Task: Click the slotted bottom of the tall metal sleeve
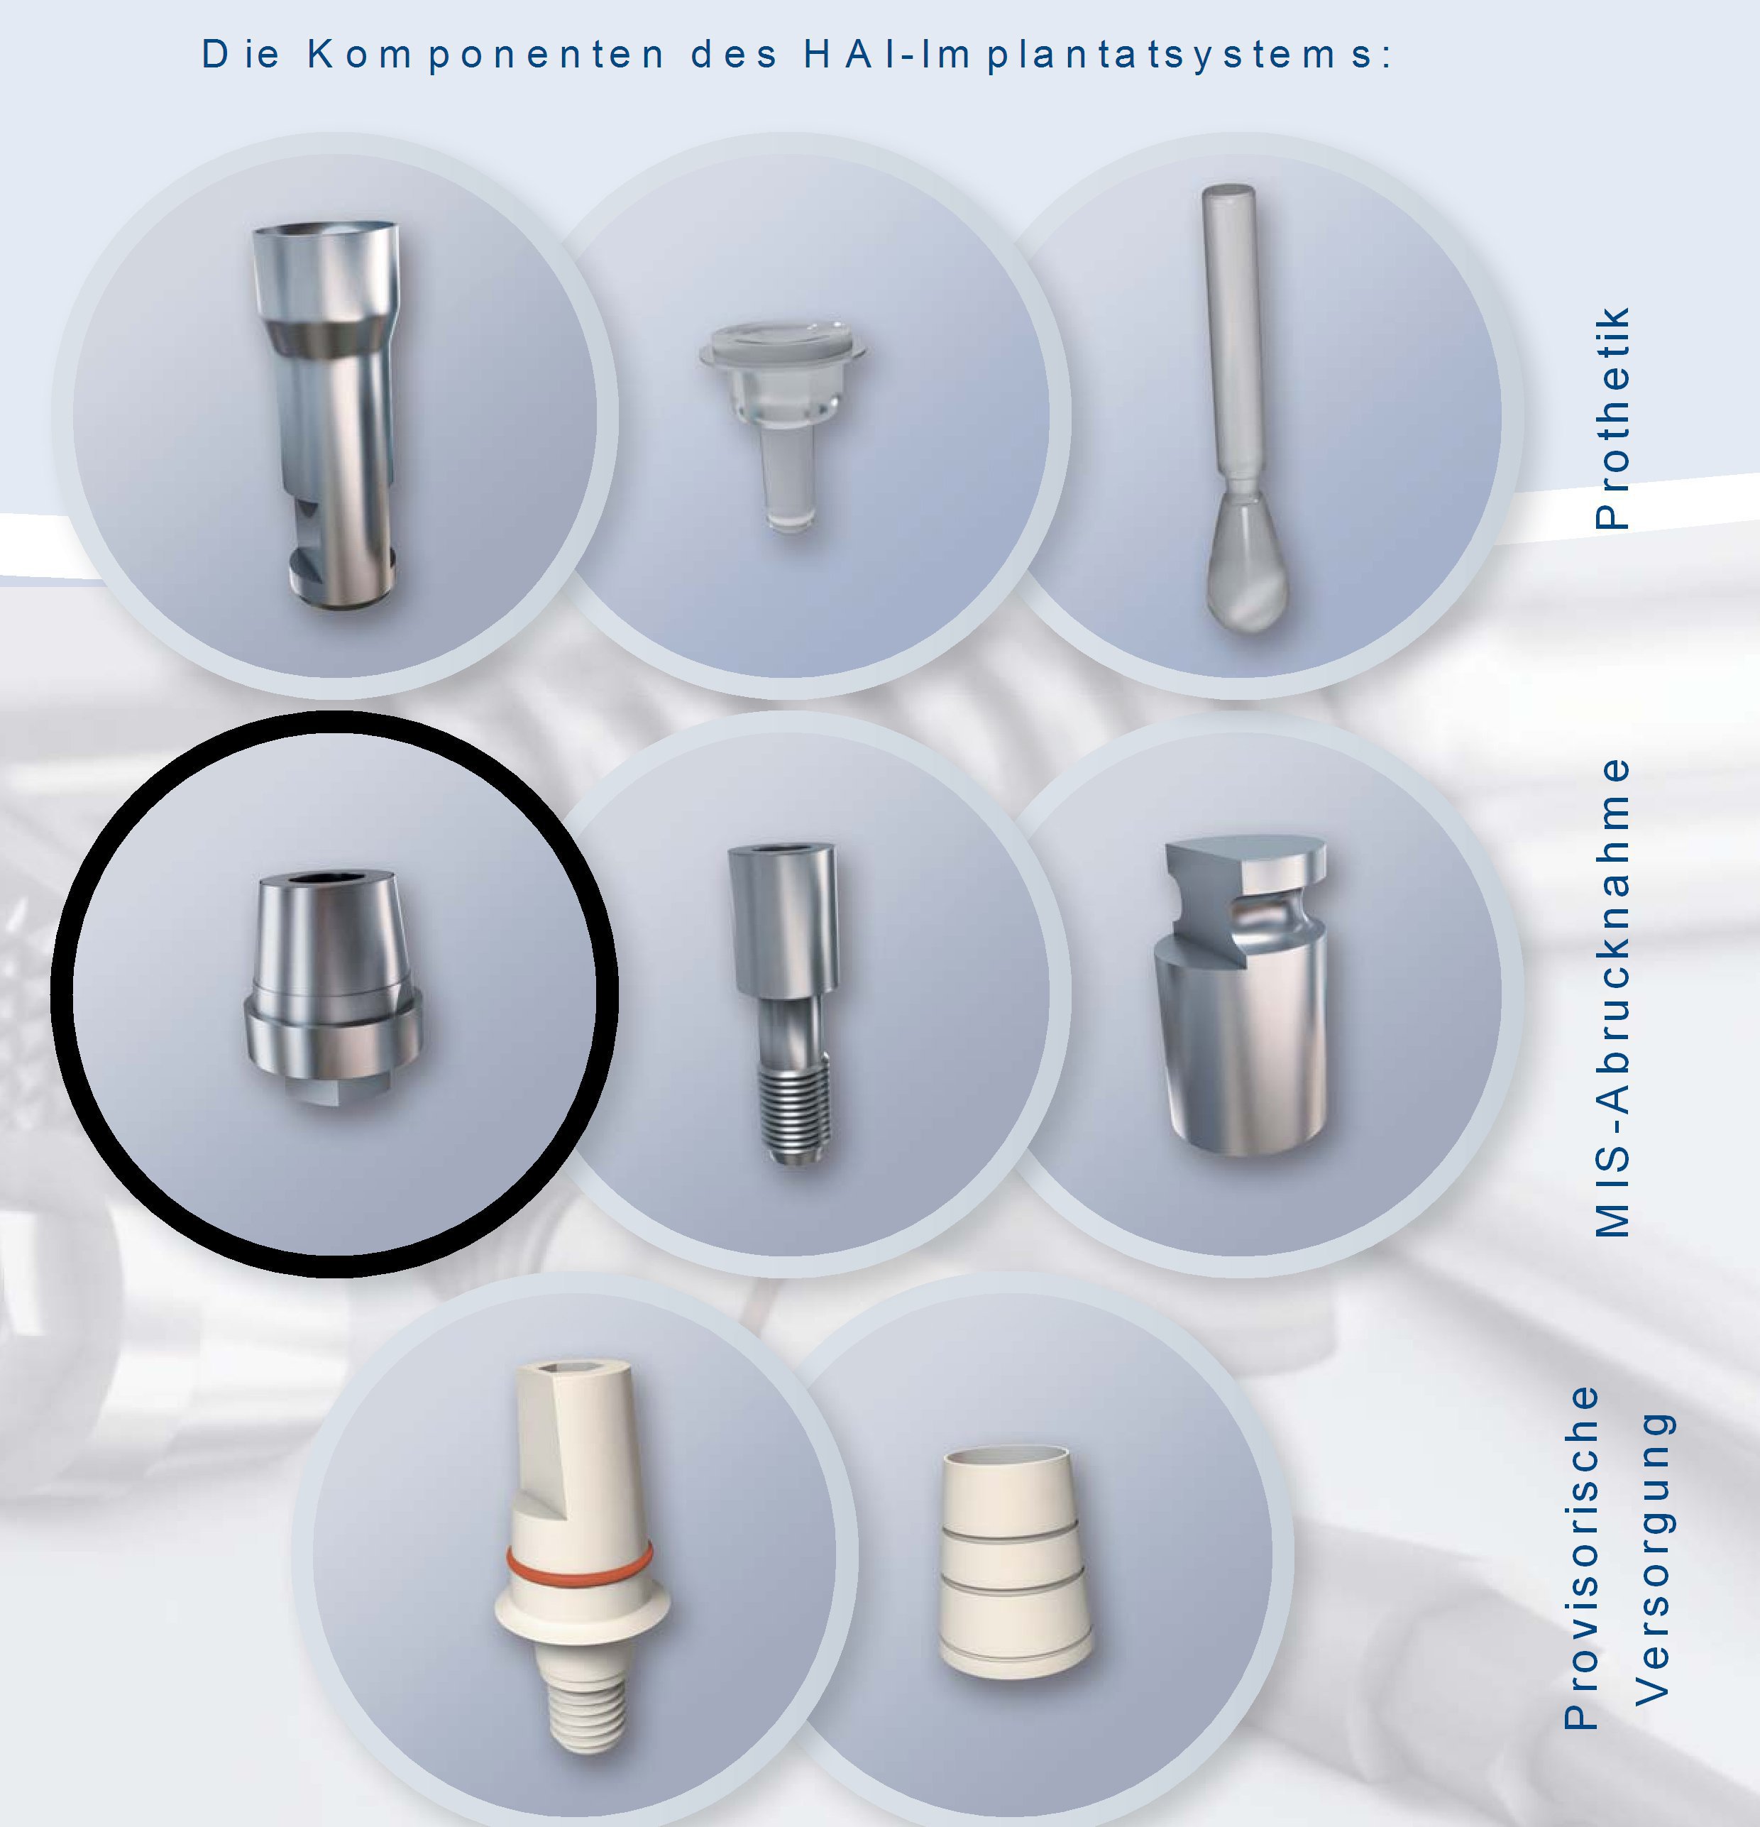tap(340, 559)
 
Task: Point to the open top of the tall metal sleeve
tap(326, 233)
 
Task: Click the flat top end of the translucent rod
tap(1228, 196)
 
